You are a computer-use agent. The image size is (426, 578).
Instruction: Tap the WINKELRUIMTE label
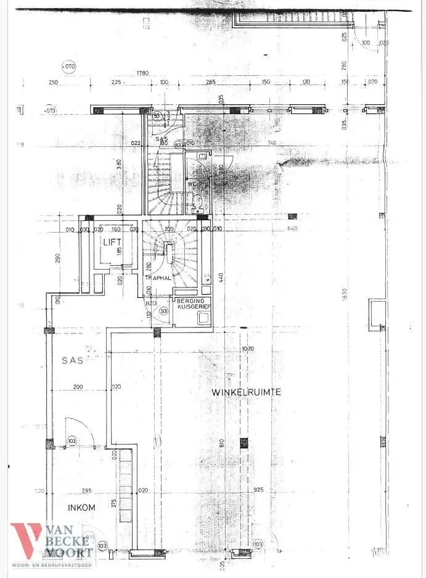click(247, 392)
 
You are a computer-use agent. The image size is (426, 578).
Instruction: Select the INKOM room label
click(82, 508)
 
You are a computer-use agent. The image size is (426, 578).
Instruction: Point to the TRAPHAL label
click(157, 278)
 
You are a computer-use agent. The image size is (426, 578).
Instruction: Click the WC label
click(192, 184)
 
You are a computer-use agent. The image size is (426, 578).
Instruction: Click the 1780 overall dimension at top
click(143, 73)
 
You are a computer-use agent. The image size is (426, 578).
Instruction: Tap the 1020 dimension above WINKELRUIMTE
click(248, 349)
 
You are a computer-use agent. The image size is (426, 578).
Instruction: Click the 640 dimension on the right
click(292, 229)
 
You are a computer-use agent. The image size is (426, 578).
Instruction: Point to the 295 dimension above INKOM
click(87, 491)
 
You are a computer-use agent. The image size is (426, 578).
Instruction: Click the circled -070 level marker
click(68, 66)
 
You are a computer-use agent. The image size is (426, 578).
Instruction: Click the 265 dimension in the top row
click(211, 82)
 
